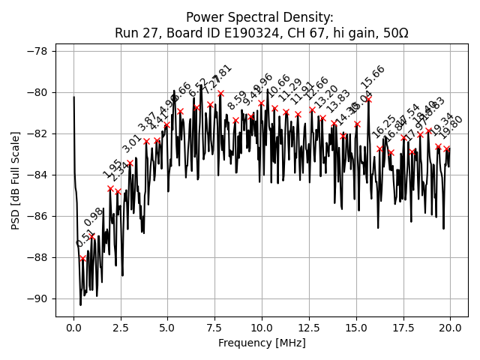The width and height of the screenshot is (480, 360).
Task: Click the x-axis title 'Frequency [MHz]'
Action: click(x=262, y=343)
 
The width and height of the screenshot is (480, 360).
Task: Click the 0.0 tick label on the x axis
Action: click(x=73, y=328)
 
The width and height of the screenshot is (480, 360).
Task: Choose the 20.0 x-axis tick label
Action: click(x=450, y=328)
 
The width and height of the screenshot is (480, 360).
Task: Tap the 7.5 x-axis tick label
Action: click(x=214, y=328)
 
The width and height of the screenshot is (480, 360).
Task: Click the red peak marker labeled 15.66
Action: click(x=368, y=99)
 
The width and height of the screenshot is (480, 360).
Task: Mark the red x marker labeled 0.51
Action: click(x=82, y=258)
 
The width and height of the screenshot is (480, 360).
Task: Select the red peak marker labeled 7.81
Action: click(x=220, y=93)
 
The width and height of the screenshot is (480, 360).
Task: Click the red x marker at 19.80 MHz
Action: click(x=446, y=148)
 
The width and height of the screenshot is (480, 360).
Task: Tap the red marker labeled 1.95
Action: click(x=110, y=188)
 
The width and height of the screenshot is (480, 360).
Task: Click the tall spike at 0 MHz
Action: click(x=74, y=98)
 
